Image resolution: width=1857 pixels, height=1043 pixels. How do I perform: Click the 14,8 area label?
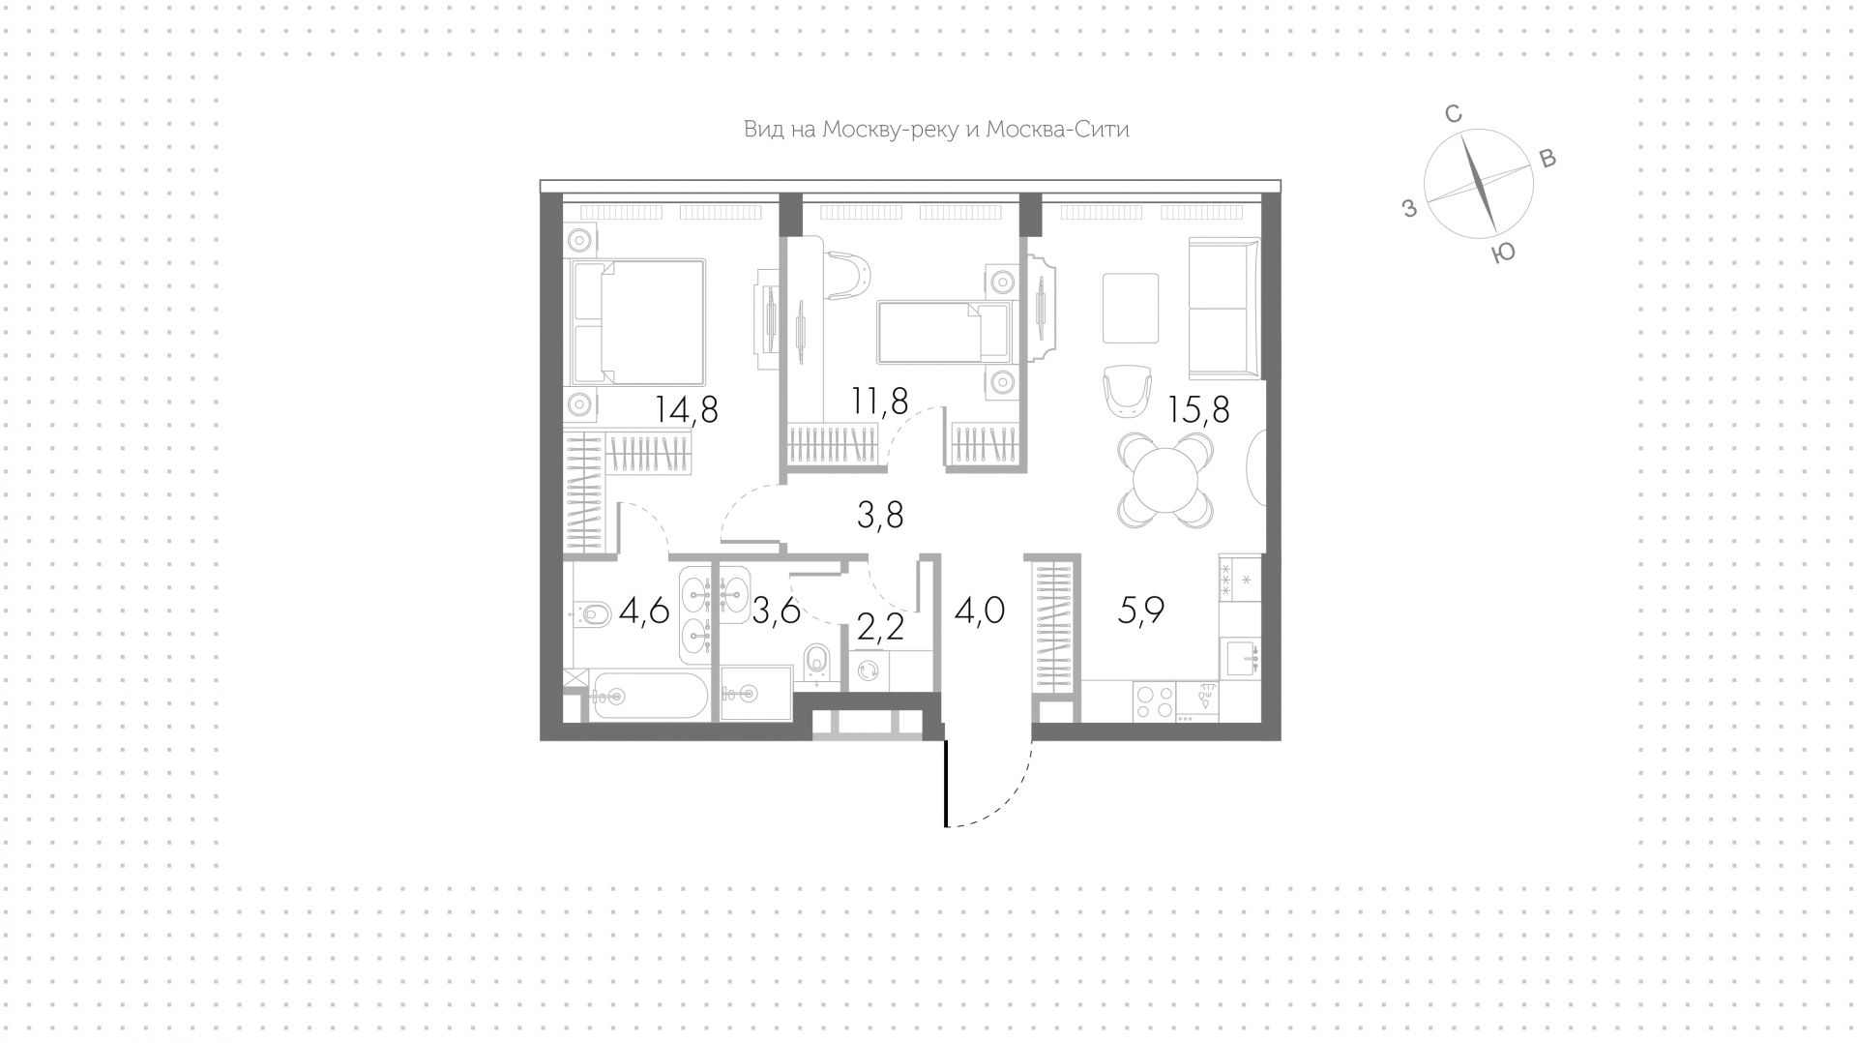pyautogui.click(x=687, y=410)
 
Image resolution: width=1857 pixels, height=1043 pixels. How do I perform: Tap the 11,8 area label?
pyautogui.click(x=879, y=399)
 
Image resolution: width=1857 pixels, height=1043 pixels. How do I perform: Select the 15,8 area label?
pyautogui.click(x=1198, y=410)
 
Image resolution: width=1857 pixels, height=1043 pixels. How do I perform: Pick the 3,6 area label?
pyautogui.click(x=776, y=611)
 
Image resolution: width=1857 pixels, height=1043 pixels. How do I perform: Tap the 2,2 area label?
pyautogui.click(x=880, y=627)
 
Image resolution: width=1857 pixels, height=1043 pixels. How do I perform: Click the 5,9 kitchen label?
pyautogui.click(x=1140, y=611)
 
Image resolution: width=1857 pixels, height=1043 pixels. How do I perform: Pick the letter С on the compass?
pyautogui.click(x=1452, y=114)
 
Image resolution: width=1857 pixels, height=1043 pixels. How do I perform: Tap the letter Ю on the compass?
pyautogui.click(x=1502, y=253)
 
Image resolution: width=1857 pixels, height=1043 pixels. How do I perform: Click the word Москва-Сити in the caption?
pyautogui.click(x=1057, y=130)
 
